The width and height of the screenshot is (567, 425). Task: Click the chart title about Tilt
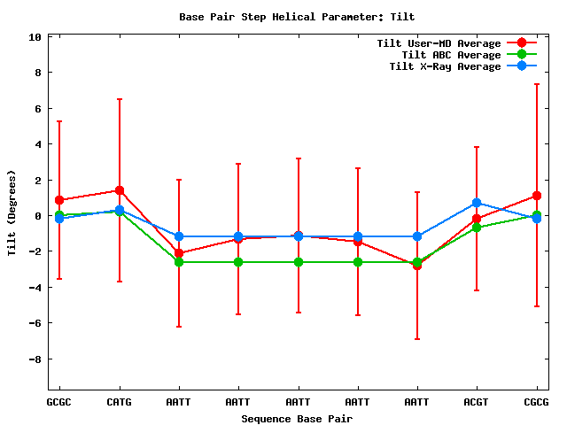pos(297,17)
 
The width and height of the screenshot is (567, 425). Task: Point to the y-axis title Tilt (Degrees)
pos(12,212)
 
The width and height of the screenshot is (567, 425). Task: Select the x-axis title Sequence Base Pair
pos(297,418)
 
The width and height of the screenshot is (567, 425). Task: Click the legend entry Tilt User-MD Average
pos(439,43)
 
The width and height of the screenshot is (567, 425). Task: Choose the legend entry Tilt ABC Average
pos(451,55)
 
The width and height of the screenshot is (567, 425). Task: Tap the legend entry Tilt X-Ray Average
pos(445,66)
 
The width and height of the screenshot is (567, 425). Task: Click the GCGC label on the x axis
pos(59,402)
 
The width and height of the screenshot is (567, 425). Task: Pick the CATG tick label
pos(119,402)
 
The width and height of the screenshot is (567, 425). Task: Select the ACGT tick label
pos(477,402)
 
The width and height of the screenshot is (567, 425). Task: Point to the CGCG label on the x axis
pos(536,402)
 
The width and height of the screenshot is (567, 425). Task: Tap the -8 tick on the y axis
pos(35,359)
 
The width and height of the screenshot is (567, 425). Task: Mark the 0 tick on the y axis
pos(38,216)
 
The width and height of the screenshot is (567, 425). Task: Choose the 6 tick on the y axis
pos(38,109)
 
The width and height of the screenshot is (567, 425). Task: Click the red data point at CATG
pos(119,190)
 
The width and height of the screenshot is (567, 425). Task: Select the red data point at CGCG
pos(536,196)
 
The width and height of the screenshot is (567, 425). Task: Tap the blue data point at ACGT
pos(477,203)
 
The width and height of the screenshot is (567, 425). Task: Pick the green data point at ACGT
pos(477,228)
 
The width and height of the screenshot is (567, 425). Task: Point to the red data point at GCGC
pos(59,200)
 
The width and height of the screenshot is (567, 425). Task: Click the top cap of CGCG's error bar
pos(536,84)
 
